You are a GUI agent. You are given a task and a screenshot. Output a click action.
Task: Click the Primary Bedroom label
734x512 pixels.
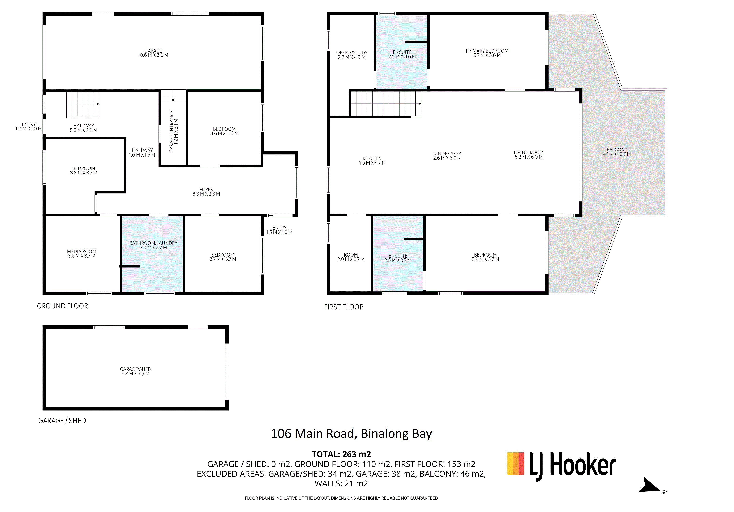click(487, 51)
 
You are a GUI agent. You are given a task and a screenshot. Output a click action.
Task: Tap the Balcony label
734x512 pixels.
click(617, 150)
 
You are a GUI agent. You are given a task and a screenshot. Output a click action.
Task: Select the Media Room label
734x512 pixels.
click(82, 252)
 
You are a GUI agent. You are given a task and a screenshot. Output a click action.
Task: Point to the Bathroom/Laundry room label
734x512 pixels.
click(153, 243)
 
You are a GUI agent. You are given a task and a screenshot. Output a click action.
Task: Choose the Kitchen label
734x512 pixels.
click(372, 158)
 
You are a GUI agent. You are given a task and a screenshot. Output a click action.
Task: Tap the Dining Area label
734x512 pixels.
click(447, 153)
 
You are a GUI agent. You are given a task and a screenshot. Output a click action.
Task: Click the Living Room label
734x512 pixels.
click(529, 152)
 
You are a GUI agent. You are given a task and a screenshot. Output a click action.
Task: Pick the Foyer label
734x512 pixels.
click(206, 189)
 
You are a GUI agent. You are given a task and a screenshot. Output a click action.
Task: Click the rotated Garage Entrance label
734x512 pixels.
click(172, 131)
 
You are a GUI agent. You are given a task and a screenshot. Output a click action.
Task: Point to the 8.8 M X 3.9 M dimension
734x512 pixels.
click(135, 374)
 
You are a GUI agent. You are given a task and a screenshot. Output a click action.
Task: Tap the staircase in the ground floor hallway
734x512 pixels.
click(83, 104)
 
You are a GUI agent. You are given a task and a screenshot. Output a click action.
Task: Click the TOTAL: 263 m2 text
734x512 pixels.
click(341, 454)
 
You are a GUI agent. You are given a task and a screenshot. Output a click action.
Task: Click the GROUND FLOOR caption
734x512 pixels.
click(62, 306)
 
